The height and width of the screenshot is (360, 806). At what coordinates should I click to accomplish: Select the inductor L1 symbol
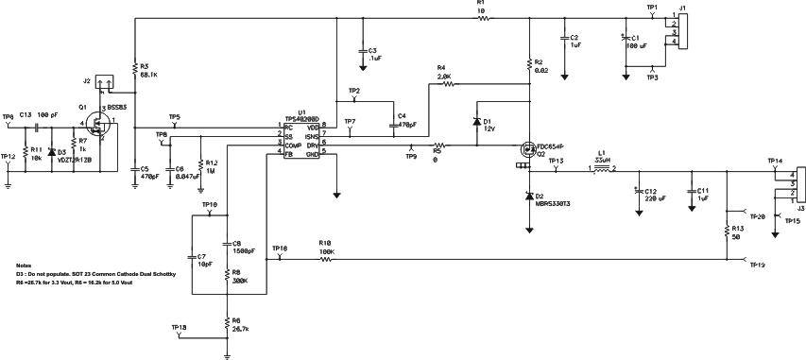coord(600,169)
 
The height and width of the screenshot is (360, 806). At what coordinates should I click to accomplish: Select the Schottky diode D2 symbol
coord(528,195)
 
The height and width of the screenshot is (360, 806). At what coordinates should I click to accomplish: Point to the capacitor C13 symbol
coord(37,125)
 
